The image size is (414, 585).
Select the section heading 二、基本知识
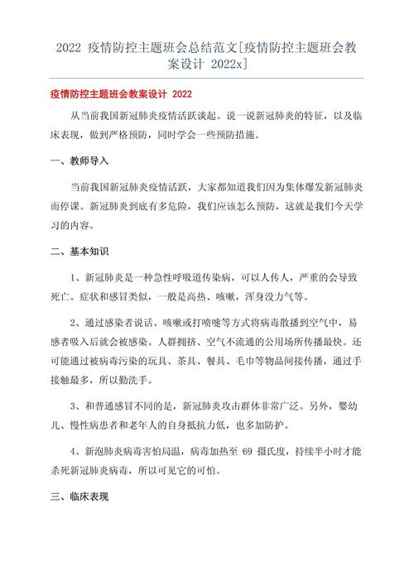(x=79, y=250)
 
